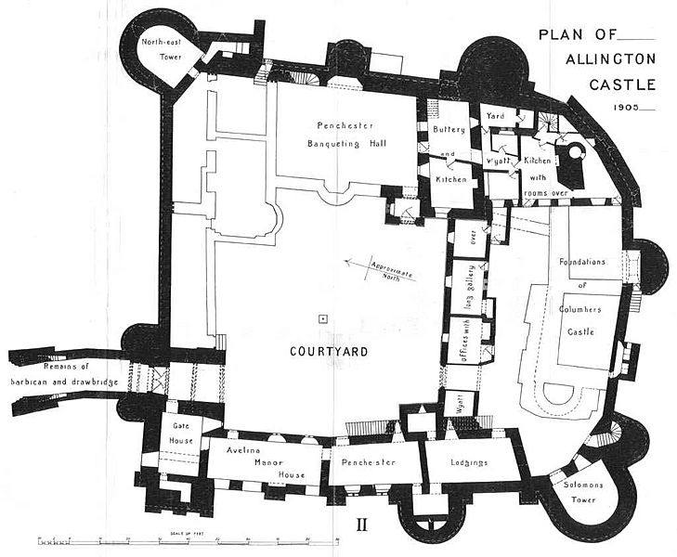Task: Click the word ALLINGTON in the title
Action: click(616, 60)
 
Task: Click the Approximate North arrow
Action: click(376, 268)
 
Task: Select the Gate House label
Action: click(180, 433)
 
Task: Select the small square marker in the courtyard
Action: click(322, 319)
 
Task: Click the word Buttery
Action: click(449, 131)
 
